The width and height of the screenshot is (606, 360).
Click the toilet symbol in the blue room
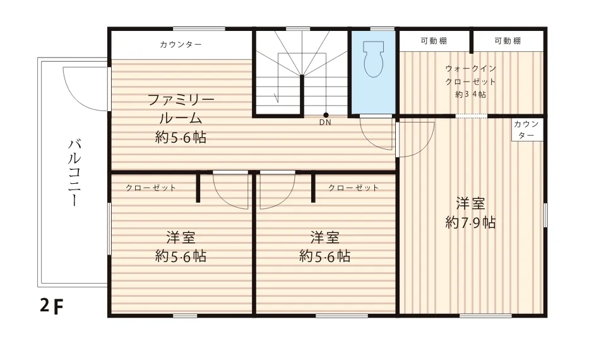(374, 59)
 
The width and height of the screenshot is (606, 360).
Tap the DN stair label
(325, 123)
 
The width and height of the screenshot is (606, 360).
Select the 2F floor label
(51, 306)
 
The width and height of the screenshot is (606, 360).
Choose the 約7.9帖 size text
(470, 222)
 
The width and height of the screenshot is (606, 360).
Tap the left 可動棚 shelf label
(434, 41)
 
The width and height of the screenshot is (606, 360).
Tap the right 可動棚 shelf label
(508, 41)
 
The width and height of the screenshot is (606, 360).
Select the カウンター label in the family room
(181, 44)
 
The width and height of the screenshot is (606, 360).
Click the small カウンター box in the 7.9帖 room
(526, 129)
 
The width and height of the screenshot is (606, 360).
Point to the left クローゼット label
(151, 188)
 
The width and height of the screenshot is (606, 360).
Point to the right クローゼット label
(353, 188)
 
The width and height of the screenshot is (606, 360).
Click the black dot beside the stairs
(326, 115)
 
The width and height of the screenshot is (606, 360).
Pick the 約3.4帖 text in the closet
(470, 95)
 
